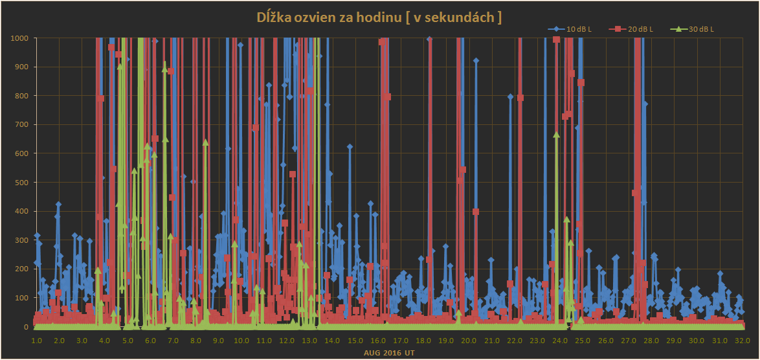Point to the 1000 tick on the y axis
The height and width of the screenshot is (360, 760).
(19, 38)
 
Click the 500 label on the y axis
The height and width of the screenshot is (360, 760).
(21, 183)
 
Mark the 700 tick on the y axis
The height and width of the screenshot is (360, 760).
(21, 125)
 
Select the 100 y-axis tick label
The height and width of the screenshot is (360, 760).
(21, 298)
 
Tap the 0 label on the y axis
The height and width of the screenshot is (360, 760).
(26, 327)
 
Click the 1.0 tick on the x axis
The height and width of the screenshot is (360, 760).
(36, 340)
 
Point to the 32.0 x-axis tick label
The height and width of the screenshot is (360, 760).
(742, 340)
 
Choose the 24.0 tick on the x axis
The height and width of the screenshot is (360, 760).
(560, 340)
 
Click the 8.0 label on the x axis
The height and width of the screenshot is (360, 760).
(196, 340)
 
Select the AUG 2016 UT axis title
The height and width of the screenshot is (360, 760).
(389, 353)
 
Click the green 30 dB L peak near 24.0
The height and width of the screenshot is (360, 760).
(556, 135)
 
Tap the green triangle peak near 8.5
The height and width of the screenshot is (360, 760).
(205, 142)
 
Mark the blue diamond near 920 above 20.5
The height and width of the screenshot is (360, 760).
(476, 61)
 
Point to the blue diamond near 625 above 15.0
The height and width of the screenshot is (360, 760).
(350, 147)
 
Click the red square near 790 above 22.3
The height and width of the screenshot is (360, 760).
(520, 98)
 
